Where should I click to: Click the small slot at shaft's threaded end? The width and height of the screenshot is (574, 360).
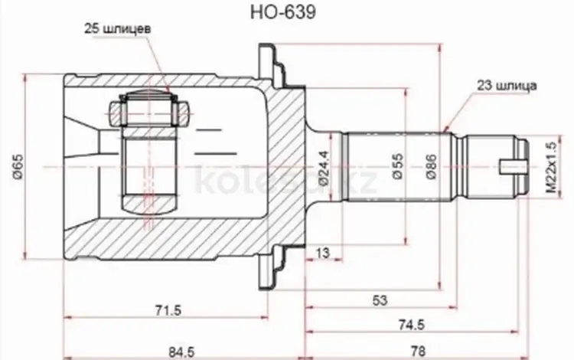point(511,165)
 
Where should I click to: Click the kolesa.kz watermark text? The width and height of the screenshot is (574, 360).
point(287,182)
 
